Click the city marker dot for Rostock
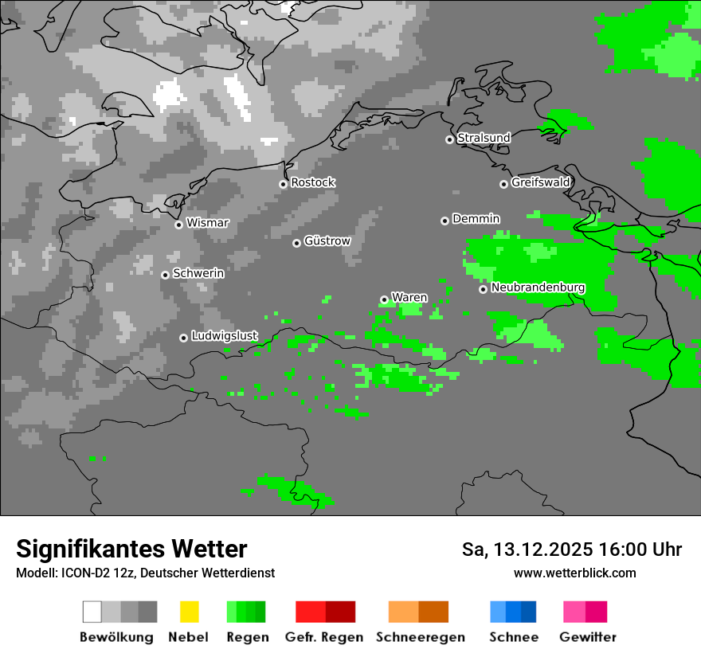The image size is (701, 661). tap(283, 184)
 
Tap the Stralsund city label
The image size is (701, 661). tap(484, 138)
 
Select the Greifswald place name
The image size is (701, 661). tap(540, 182)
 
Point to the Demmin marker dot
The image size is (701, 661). tap(444, 221)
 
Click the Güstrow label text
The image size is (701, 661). tap(327, 241)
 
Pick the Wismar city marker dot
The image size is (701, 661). tap(178, 225)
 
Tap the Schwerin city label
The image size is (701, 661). tap(198, 273)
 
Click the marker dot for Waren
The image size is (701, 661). tap(384, 299)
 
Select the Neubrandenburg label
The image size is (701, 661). tap(538, 287)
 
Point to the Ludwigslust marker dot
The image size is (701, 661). tap(183, 338)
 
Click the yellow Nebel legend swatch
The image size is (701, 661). tap(190, 612)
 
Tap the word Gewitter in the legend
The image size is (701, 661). tap(588, 637)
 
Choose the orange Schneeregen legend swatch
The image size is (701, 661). tap(403, 612)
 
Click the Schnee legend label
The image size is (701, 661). tap(514, 637)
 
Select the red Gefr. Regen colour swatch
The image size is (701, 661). tap(311, 612)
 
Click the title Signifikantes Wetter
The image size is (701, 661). tap(131, 549)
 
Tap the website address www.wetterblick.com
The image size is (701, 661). tap(574, 573)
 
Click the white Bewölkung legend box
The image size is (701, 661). tap(92, 612)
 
